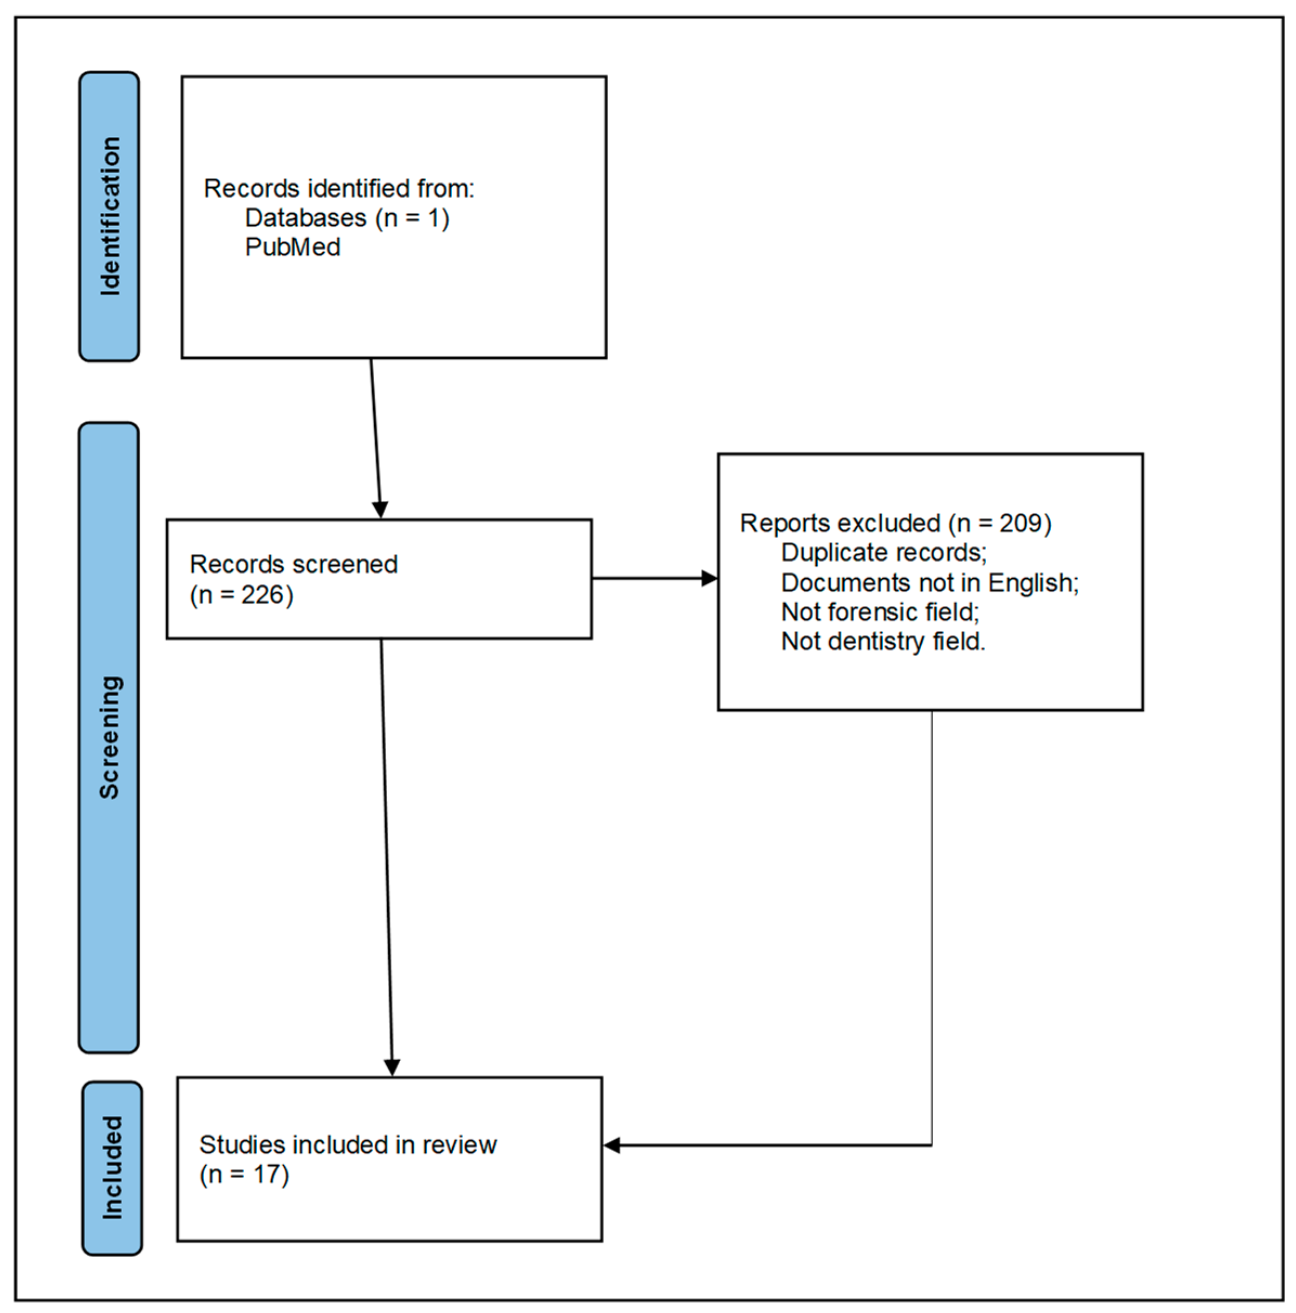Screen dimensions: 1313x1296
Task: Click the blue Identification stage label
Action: pyautogui.click(x=109, y=216)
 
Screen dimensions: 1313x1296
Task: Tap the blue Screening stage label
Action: pyautogui.click(x=109, y=737)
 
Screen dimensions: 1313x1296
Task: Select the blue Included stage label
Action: pyautogui.click(x=112, y=1167)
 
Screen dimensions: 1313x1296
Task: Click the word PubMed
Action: pyautogui.click(x=292, y=247)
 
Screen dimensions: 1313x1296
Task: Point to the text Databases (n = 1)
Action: pyautogui.click(x=347, y=218)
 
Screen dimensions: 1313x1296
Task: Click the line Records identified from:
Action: pyautogui.click(x=338, y=188)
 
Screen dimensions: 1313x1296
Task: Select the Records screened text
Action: pyautogui.click(x=293, y=564)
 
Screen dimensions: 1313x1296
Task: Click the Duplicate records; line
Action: pyautogui.click(x=883, y=552)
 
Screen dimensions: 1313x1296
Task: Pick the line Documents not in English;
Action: pyautogui.click(x=929, y=583)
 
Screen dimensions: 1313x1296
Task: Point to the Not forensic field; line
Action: pyautogui.click(x=880, y=612)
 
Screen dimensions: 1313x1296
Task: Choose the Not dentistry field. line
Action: pyautogui.click(x=882, y=642)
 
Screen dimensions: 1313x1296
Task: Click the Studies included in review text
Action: pyautogui.click(x=347, y=1145)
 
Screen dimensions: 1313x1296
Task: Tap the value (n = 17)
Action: pyautogui.click(x=244, y=1174)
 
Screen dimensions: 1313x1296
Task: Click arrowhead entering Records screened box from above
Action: pyautogui.click(x=380, y=509)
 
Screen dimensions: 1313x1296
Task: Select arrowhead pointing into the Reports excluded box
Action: pyautogui.click(x=709, y=578)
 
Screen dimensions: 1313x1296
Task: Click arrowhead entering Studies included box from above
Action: pyautogui.click(x=392, y=1068)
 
